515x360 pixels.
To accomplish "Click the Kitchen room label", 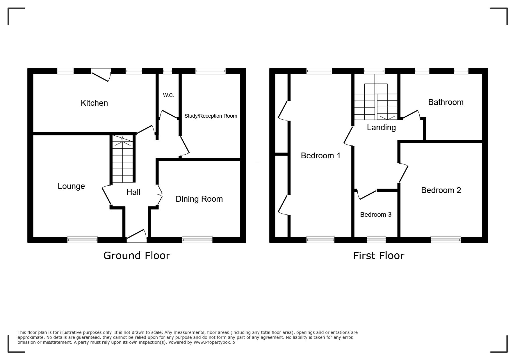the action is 94,103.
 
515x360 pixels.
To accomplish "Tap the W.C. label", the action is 168,95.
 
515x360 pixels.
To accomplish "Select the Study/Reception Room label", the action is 211,116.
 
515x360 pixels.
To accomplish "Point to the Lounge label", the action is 71,186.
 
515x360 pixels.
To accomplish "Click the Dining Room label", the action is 199,199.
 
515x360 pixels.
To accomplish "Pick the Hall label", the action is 133,192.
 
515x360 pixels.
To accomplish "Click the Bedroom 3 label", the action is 376,214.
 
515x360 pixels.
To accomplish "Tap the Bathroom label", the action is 446,102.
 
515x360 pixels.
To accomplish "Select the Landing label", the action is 381,128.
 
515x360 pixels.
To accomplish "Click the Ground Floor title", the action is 137,256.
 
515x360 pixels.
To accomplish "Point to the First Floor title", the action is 379,256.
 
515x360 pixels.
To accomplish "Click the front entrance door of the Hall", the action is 137,236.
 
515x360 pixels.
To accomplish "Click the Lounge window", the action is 82,240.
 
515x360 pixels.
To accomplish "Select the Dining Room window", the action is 197,240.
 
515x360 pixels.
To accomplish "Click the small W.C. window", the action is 167,71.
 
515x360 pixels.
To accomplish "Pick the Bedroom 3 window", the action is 377,240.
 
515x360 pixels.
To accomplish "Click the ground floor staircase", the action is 122,159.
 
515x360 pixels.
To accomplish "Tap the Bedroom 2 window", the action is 446,240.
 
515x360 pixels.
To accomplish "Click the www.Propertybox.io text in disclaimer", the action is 214,342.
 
